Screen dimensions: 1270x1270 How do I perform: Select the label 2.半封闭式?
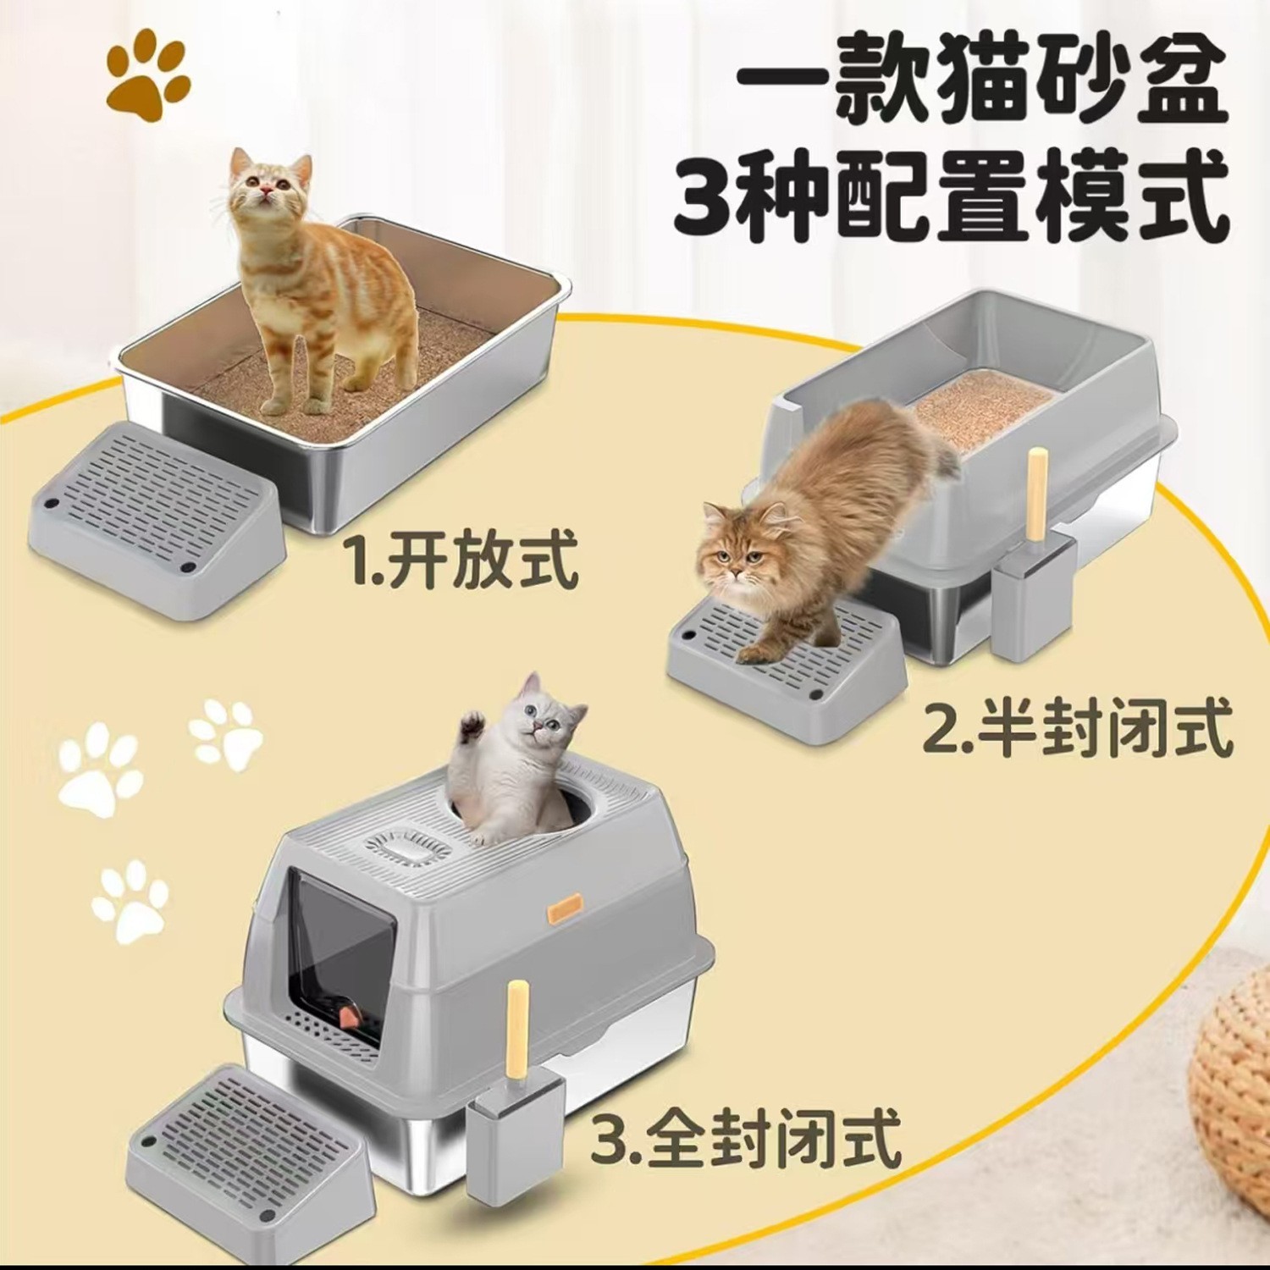(1076, 730)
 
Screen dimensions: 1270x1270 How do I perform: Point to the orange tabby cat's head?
(262, 182)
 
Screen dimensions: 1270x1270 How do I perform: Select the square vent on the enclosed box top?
(398, 848)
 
